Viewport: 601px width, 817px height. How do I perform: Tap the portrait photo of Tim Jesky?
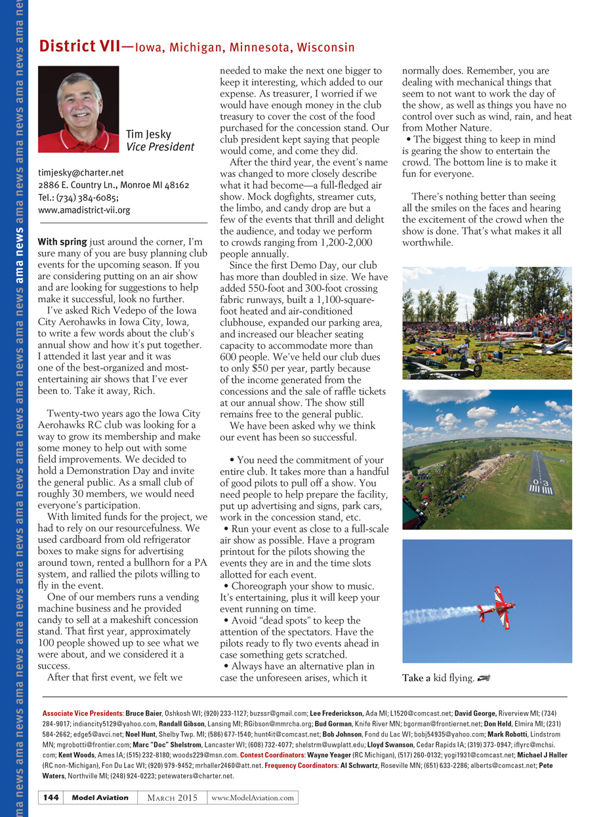tap(79, 109)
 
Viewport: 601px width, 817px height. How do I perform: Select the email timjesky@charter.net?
tap(81, 173)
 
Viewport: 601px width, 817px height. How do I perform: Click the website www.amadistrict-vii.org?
tap(84, 210)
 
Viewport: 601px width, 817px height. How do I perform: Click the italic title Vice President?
tap(160, 147)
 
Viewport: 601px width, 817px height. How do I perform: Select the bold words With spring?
tap(63, 242)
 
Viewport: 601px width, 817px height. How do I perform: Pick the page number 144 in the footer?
tap(52, 797)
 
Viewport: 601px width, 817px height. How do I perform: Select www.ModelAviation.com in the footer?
tap(253, 797)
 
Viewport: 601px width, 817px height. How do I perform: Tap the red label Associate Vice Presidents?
tap(82, 713)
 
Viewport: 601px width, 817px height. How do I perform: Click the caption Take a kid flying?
tap(438, 678)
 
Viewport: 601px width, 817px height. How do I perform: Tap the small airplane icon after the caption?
tap(484, 677)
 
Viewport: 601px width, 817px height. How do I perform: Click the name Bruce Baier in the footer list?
tap(144, 713)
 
